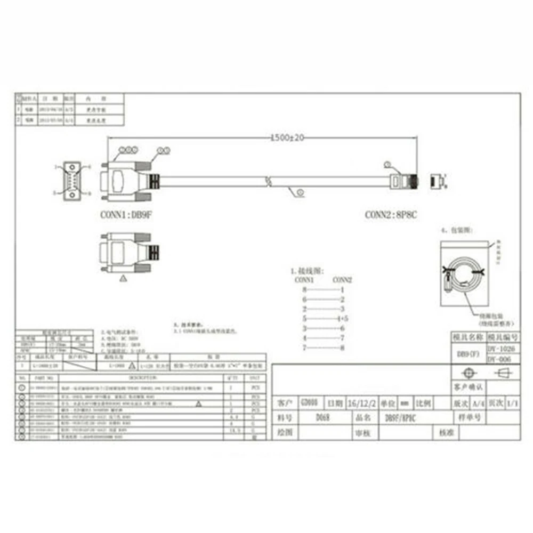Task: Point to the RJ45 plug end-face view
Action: [436, 181]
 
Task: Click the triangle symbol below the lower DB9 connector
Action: [124, 278]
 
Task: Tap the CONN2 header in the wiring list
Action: [342, 279]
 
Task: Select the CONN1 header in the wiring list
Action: [304, 279]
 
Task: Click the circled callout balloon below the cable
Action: [300, 191]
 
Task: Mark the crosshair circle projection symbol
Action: [467, 373]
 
